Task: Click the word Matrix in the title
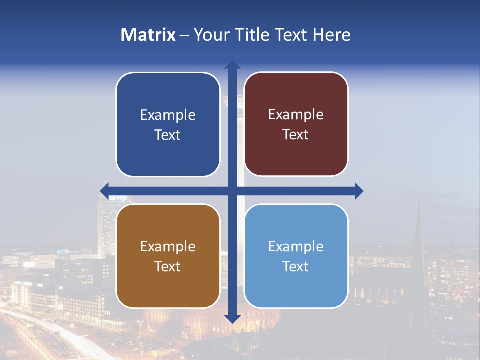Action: (x=148, y=35)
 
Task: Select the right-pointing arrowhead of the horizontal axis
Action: (x=359, y=190)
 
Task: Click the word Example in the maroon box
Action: (x=296, y=114)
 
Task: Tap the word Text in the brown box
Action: (x=168, y=266)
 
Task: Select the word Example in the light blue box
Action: (x=296, y=246)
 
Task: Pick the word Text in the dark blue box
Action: (x=168, y=135)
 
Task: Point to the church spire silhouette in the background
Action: (x=419, y=225)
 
